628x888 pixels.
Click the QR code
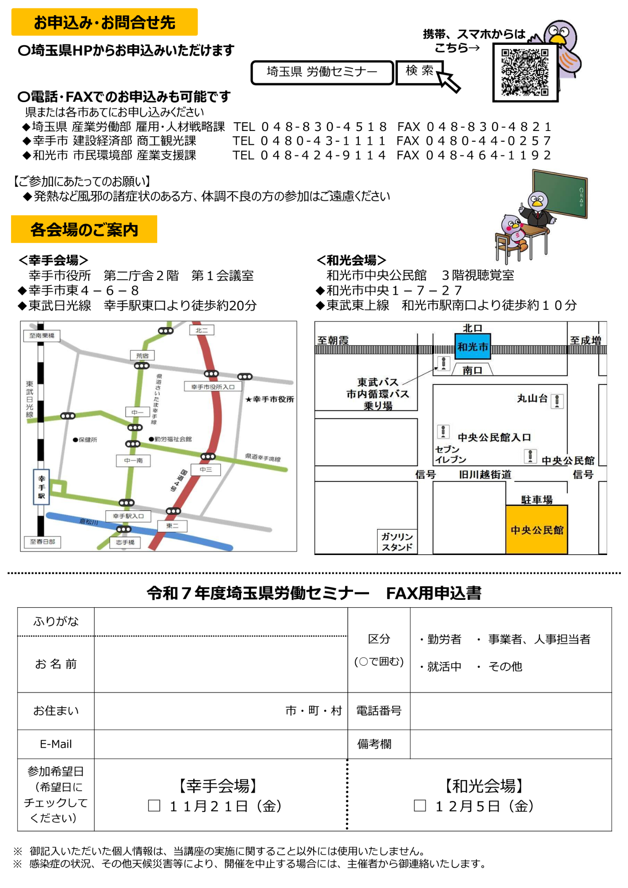pyautogui.click(x=525, y=73)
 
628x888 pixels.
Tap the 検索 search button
pyautogui.click(x=419, y=71)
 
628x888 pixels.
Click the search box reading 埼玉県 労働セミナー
pyautogui.click(x=322, y=72)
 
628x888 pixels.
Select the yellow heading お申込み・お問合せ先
pyautogui.click(x=104, y=22)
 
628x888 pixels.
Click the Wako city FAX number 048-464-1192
pyautogui.click(x=489, y=155)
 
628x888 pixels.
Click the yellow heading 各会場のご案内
pyautogui.click(x=84, y=230)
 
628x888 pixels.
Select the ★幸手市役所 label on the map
pyautogui.click(x=270, y=400)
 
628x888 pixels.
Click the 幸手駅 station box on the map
pyautogui.click(x=41, y=487)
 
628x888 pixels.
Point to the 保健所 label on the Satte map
pyautogui.click(x=85, y=440)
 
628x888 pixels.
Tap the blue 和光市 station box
pyautogui.click(x=473, y=347)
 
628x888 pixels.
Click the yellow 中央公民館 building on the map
pyautogui.click(x=537, y=530)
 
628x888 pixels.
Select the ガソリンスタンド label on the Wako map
pyautogui.click(x=397, y=542)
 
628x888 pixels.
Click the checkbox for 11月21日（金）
pyautogui.click(x=154, y=805)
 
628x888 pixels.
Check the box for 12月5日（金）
pyautogui.click(x=420, y=805)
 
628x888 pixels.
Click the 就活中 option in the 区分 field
pyautogui.click(x=444, y=666)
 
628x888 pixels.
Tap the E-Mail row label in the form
pyautogui.click(x=56, y=744)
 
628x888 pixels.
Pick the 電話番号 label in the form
pyautogui.click(x=378, y=711)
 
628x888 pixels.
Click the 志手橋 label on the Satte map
pyautogui.click(x=125, y=543)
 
